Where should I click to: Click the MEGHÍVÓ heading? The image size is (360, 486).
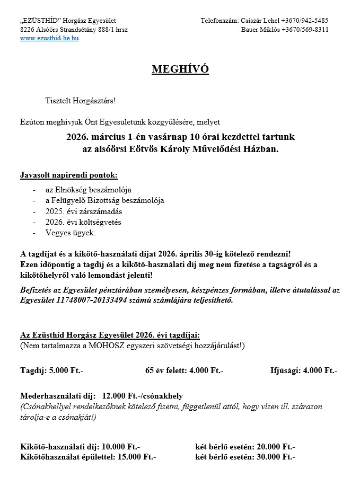point(180,69)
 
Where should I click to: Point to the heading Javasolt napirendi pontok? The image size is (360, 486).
point(69,175)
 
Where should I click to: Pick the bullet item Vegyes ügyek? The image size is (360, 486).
point(71,233)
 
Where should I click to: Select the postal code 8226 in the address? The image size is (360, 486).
point(28,30)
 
